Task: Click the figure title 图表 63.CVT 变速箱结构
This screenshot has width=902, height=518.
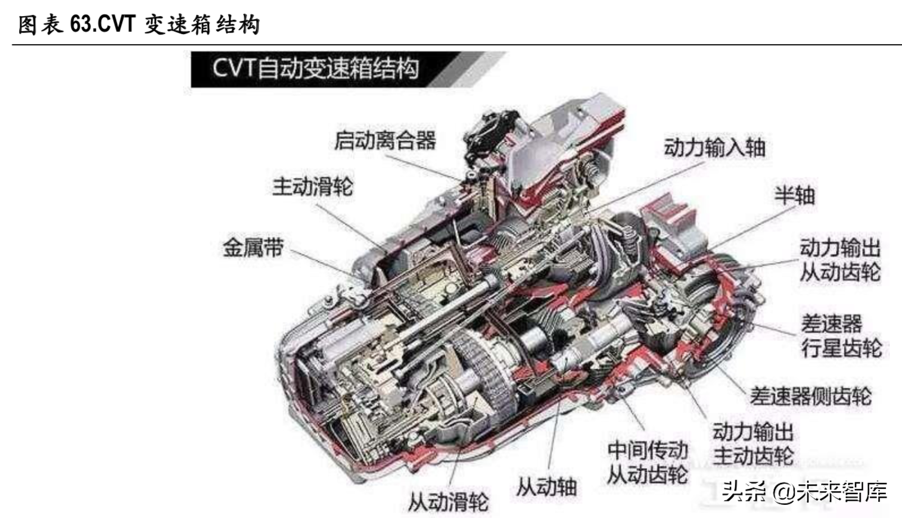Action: [139, 25]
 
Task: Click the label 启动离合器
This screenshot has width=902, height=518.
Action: [385, 141]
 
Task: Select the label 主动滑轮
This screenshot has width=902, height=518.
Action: [312, 187]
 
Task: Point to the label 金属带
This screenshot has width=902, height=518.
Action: [253, 247]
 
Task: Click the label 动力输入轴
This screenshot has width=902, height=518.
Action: [715, 147]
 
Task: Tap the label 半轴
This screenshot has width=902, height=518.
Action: [795, 196]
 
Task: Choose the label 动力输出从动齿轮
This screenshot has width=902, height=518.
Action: [840, 260]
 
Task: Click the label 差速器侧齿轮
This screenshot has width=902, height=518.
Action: [811, 396]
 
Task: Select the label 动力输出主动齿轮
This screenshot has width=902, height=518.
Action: [754, 444]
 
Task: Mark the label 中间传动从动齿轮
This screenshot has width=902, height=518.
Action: [648, 463]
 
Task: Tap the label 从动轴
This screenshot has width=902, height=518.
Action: [546, 487]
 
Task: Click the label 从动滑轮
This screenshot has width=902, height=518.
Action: [448, 502]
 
